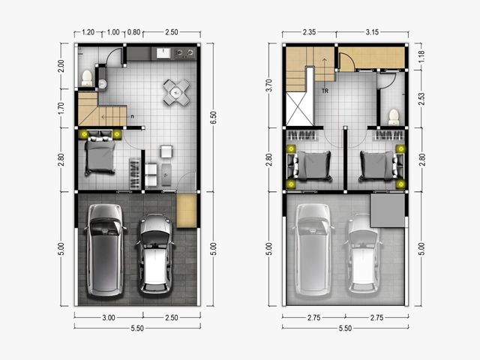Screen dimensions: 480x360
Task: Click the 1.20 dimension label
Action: [x=88, y=32]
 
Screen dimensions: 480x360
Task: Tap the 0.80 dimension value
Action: [x=133, y=32]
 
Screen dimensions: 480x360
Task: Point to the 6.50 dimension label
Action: [x=214, y=118]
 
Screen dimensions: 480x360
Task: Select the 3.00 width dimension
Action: [x=109, y=318]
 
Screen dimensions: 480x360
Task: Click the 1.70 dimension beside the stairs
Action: [x=61, y=108]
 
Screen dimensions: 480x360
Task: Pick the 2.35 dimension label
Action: [x=309, y=32]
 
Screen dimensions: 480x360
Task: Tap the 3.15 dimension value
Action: [x=372, y=32]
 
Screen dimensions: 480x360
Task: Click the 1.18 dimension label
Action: [x=421, y=57]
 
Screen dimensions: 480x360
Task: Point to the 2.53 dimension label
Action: [x=421, y=99]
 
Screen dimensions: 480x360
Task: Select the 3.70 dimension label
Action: [x=269, y=85]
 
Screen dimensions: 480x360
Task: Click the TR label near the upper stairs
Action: [x=325, y=91]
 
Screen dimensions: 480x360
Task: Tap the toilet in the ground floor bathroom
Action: [x=87, y=78]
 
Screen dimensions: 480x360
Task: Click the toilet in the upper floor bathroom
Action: [x=394, y=117]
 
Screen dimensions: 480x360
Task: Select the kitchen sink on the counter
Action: [x=163, y=53]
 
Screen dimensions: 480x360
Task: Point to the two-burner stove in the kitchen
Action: [x=184, y=53]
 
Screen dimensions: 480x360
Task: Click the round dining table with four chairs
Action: [x=176, y=92]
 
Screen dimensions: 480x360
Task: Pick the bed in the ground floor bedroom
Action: [x=99, y=156]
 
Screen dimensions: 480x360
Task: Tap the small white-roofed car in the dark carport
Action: [x=156, y=253]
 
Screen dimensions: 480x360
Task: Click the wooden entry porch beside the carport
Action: [x=187, y=211]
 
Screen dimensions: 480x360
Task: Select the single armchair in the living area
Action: [x=166, y=151]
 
